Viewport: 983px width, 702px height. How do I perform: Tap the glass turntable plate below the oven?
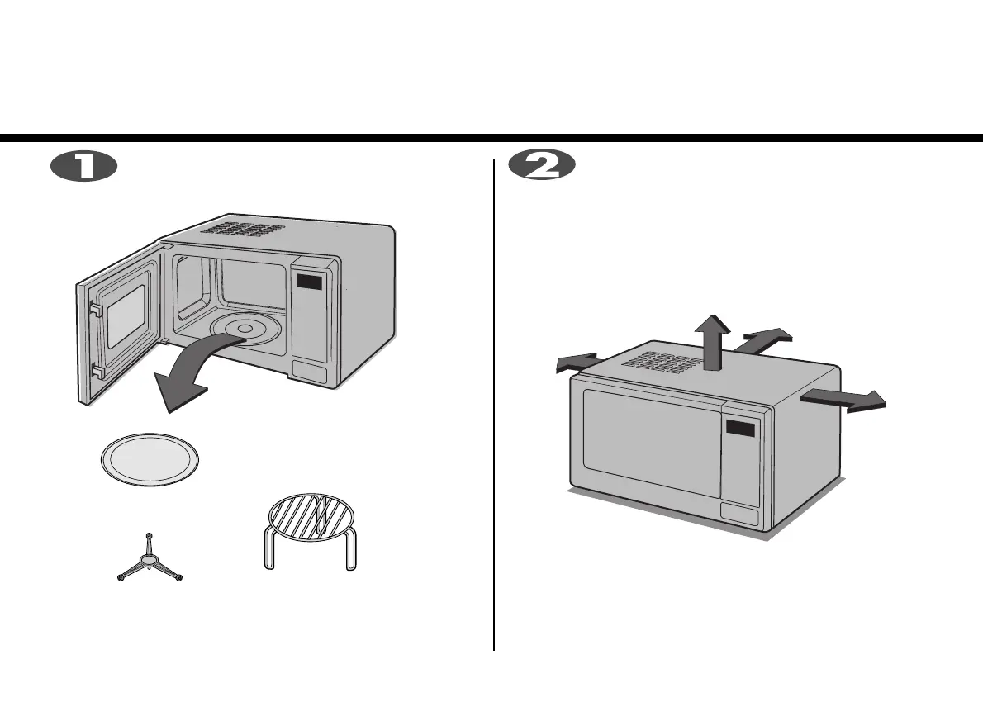click(x=150, y=460)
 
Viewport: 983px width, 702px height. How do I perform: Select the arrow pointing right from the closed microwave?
click(x=844, y=400)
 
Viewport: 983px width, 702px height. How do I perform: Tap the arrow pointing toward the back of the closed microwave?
click(x=767, y=339)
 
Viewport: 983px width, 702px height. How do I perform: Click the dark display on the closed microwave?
click(x=740, y=429)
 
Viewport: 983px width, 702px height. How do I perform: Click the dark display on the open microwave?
click(x=310, y=282)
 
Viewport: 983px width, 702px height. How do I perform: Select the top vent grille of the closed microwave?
click(x=667, y=362)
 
